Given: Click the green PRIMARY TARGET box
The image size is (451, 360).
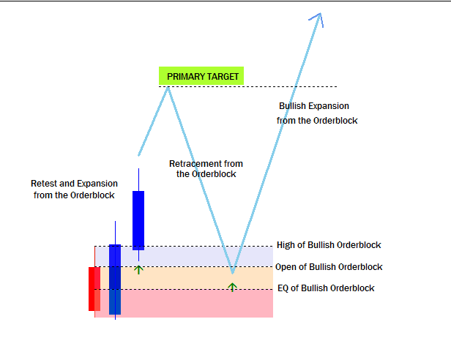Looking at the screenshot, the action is click(x=201, y=76).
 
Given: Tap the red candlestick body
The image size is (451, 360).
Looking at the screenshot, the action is click(x=94, y=289).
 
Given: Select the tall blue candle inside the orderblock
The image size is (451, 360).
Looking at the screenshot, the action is click(x=115, y=280).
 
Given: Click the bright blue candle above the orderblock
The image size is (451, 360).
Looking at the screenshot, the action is click(x=138, y=220).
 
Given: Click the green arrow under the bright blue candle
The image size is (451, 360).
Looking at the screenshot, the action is click(x=138, y=270).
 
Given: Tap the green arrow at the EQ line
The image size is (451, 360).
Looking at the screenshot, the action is click(x=232, y=287).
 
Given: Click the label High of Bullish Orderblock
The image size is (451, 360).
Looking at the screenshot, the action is click(x=329, y=245).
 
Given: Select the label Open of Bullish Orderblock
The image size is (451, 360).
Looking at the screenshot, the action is click(x=329, y=267).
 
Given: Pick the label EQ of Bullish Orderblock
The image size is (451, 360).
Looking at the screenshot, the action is click(x=326, y=288).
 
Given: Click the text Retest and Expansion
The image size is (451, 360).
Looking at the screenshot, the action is click(x=74, y=184).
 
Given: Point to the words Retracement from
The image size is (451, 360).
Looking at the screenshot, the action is click(x=206, y=164).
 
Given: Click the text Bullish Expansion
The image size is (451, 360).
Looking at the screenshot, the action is click(x=314, y=106).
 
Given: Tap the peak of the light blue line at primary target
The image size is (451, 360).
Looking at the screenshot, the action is click(x=168, y=88).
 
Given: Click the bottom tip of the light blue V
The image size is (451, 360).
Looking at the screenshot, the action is click(x=232, y=272).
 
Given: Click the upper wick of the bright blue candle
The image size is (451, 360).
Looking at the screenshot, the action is click(x=138, y=180).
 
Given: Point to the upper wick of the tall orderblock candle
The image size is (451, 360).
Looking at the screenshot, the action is click(x=116, y=233).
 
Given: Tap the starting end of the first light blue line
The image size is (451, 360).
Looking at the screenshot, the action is click(x=138, y=155).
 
